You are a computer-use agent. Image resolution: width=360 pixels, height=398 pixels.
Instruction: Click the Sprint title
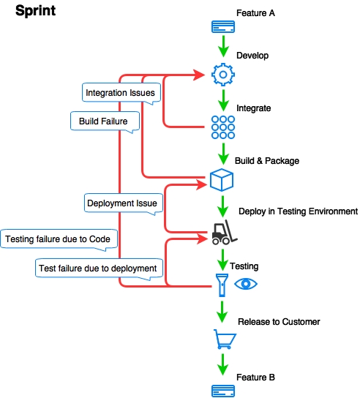36,11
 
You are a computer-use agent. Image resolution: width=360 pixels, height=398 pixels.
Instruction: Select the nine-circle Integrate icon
223,127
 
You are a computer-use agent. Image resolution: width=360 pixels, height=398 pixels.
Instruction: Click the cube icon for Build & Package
222,180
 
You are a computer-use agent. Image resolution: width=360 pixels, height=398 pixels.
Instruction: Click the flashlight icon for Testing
222,285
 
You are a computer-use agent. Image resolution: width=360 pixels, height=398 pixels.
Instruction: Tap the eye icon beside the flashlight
246,284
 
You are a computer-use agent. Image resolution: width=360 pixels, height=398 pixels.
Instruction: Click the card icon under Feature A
223,26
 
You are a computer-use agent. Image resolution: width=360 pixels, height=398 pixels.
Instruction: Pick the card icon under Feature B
223,391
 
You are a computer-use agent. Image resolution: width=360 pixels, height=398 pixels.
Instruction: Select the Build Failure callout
105,121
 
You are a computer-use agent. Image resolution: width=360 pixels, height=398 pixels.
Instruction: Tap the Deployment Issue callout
124,203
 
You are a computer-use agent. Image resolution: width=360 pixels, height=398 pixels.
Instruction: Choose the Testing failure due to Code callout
59,239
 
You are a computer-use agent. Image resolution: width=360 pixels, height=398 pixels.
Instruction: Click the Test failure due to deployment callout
99,269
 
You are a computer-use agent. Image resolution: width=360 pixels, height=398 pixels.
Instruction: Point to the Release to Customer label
279,322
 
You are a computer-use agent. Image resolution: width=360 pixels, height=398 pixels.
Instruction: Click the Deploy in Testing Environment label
298,211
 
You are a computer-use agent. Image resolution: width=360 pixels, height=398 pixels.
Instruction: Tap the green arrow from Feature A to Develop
223,46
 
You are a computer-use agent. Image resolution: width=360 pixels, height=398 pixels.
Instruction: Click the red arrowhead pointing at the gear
199,75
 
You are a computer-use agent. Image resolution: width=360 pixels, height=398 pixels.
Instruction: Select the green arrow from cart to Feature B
222,365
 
